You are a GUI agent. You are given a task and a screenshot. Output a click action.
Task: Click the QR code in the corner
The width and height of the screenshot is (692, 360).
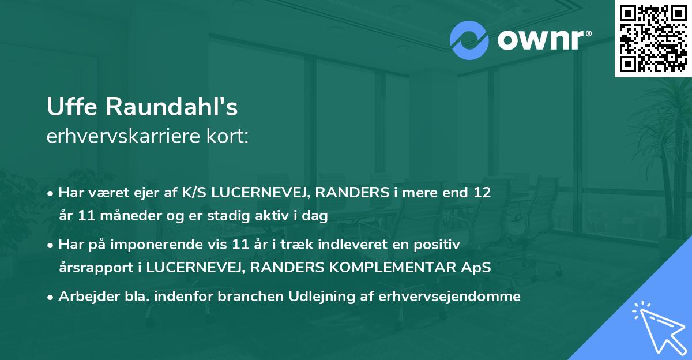click(x=653, y=39)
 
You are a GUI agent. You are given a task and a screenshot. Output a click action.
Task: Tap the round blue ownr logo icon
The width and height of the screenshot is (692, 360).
click(x=469, y=40)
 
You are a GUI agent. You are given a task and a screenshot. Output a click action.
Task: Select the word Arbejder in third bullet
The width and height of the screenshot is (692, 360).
click(x=83, y=297)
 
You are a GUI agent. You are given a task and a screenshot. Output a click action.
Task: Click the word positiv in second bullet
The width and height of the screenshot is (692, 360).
click(x=442, y=245)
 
